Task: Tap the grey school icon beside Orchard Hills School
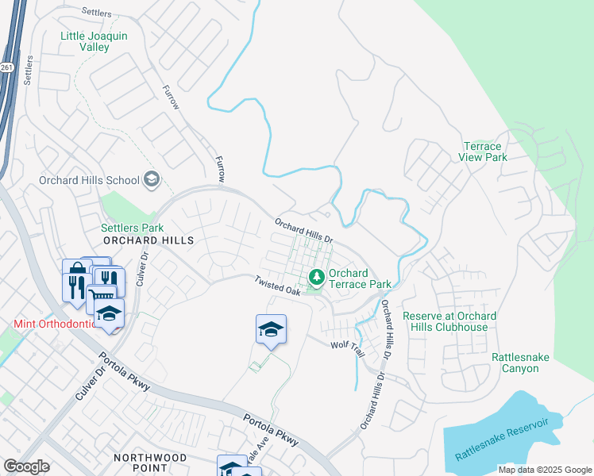[x=151, y=180]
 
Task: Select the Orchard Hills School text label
[x=89, y=180]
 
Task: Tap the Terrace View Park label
[x=482, y=152]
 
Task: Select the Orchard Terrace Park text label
[x=360, y=278]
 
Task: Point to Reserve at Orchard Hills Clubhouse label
[x=449, y=321]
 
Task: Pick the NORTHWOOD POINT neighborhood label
[x=150, y=463]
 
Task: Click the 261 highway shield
[x=6, y=67]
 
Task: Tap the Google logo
[x=26, y=466]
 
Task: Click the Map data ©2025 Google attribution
[x=544, y=470]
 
